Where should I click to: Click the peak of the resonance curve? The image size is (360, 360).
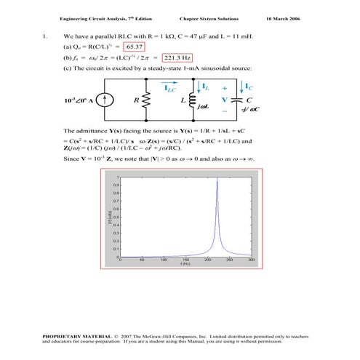(217, 178)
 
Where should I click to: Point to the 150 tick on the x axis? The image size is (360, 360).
(186, 260)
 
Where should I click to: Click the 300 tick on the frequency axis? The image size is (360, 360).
(252, 260)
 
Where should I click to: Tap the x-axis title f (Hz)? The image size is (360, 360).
(186, 265)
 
